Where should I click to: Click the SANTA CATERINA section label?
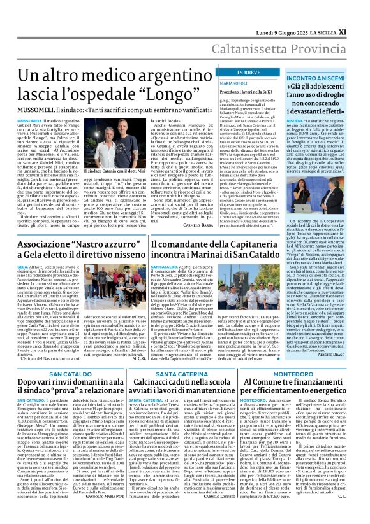click(x=185, y=374)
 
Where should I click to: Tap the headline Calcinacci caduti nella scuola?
click(x=185, y=391)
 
